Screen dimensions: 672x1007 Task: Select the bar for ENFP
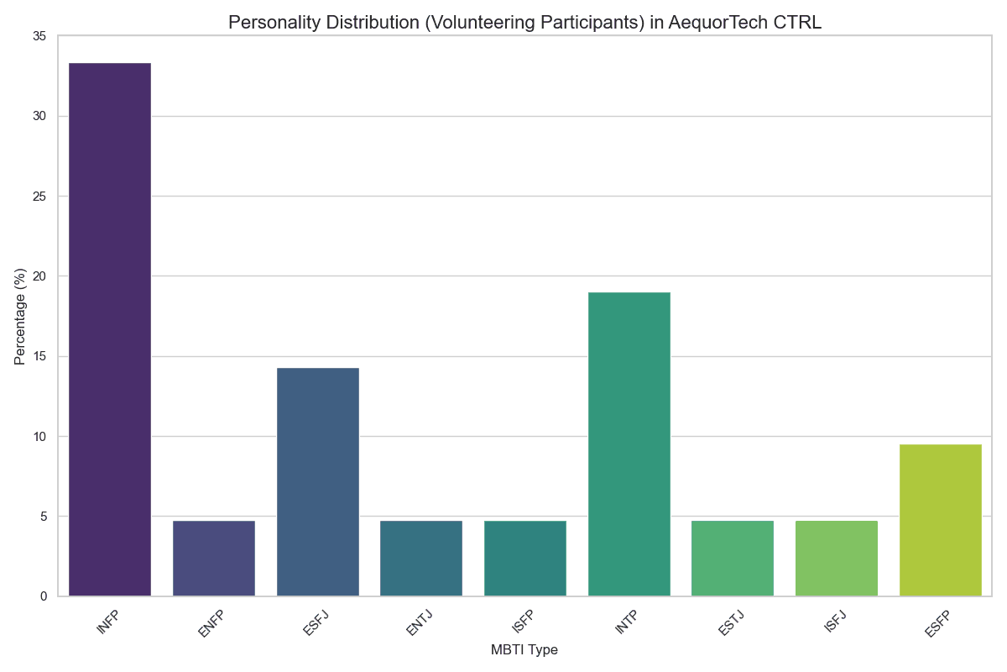pyautogui.click(x=214, y=559)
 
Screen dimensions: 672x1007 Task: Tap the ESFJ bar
pyautogui.click(x=317, y=482)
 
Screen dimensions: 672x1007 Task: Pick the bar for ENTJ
pyautogui.click(x=421, y=559)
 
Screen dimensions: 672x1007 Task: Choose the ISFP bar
pyautogui.click(x=525, y=559)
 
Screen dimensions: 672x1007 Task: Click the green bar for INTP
pyautogui.click(x=629, y=444)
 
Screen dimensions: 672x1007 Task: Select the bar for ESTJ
pyautogui.click(x=733, y=559)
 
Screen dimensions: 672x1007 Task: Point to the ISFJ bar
pyautogui.click(x=837, y=559)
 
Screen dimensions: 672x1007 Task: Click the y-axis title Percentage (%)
pyautogui.click(x=20, y=316)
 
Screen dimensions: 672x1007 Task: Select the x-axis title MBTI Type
pyautogui.click(x=524, y=650)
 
